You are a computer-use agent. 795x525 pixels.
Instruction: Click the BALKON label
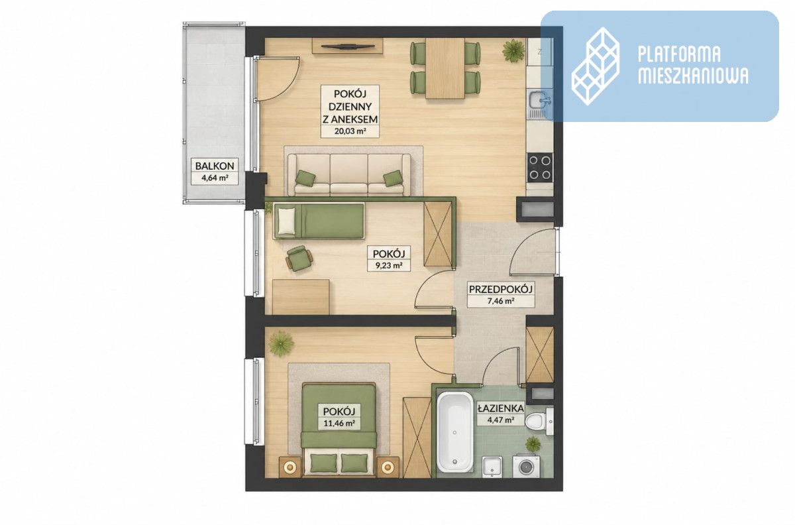click(215, 166)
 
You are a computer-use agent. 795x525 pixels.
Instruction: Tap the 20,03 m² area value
click(350, 131)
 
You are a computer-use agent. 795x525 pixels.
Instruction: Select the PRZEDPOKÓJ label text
click(501, 289)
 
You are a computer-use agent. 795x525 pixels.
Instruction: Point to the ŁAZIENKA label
click(500, 408)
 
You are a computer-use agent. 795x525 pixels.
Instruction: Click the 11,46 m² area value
click(339, 424)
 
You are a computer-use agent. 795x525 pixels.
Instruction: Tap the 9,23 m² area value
click(389, 265)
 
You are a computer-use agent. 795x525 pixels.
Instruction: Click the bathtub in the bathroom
click(454, 432)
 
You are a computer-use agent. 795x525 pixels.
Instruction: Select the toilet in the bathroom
click(539, 422)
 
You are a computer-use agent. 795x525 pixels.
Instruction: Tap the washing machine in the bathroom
click(526, 466)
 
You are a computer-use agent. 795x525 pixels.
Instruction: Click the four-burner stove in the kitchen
click(540, 168)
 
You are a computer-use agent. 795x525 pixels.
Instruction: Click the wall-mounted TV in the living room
click(347, 46)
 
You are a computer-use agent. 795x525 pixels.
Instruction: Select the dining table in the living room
click(445, 68)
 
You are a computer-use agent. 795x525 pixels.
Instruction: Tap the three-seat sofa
click(349, 174)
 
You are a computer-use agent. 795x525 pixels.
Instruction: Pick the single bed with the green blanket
click(319, 221)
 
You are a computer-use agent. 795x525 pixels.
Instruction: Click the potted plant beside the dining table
click(513, 50)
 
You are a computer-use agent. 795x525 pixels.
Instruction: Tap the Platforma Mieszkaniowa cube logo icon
click(595, 66)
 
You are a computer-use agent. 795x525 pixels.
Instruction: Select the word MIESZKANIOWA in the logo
click(693, 76)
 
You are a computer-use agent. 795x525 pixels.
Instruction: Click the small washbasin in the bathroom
click(492, 467)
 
